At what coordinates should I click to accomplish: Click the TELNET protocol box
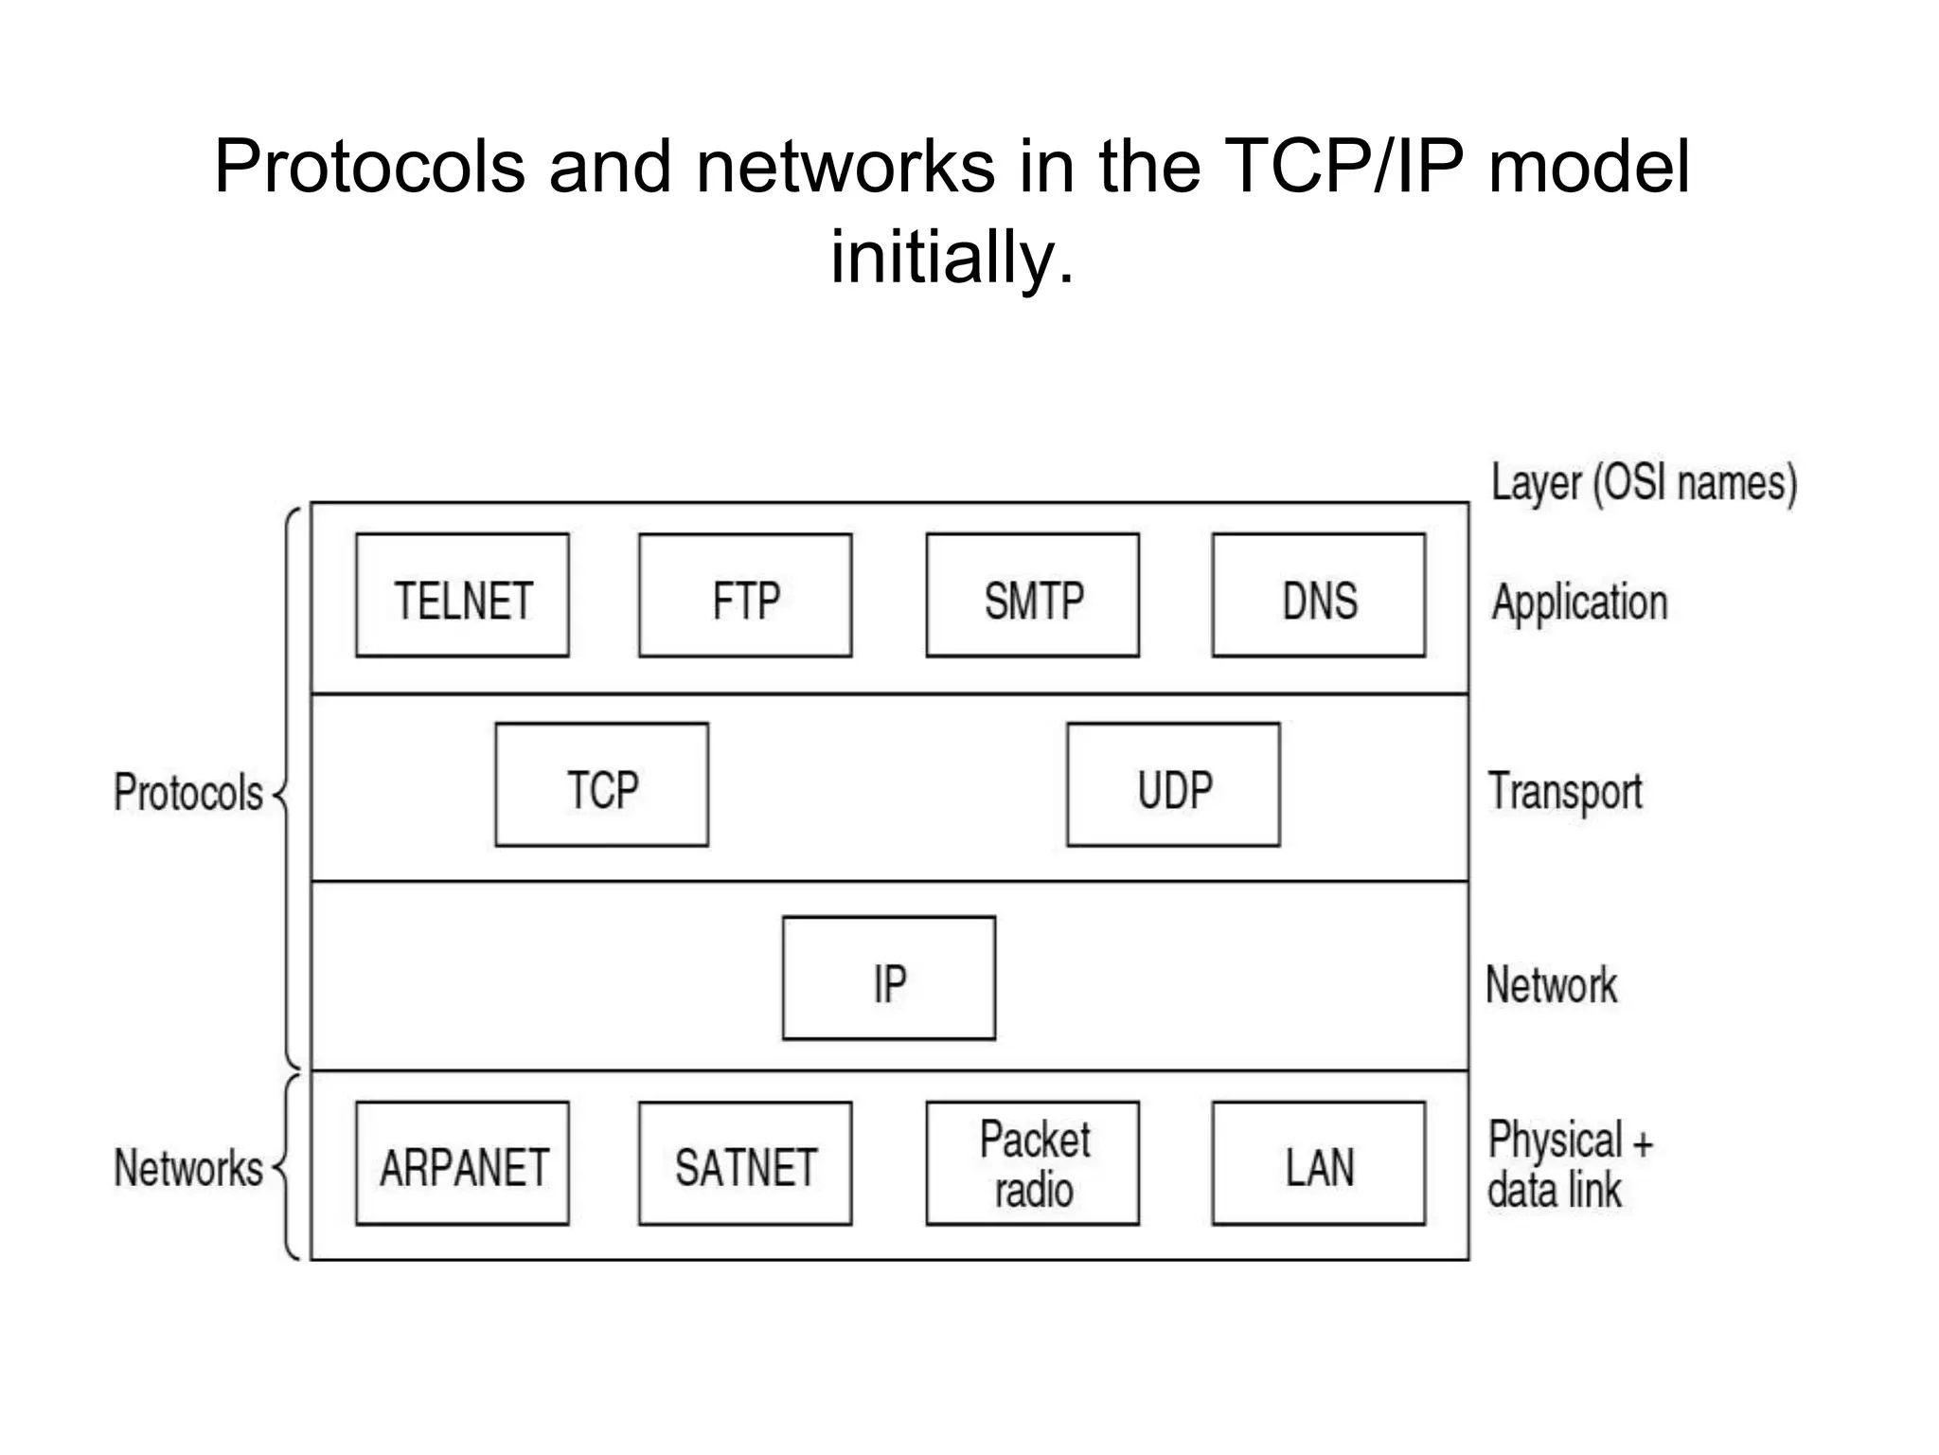pyautogui.click(x=462, y=595)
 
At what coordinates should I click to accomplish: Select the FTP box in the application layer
pyautogui.click(x=745, y=595)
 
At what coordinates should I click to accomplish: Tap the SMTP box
pyautogui.click(x=1032, y=595)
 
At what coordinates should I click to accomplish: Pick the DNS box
pyautogui.click(x=1318, y=595)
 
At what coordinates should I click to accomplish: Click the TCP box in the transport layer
pyautogui.click(x=601, y=784)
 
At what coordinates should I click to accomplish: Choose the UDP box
pyautogui.click(x=1173, y=784)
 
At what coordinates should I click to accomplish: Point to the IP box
pyautogui.click(x=888, y=978)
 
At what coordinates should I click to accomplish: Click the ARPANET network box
pyautogui.click(x=462, y=1163)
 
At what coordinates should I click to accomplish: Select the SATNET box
pyautogui.click(x=745, y=1163)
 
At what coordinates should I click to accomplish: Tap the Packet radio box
pyautogui.click(x=1032, y=1163)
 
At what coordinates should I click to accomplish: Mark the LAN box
pyautogui.click(x=1318, y=1163)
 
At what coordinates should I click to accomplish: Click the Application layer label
pyautogui.click(x=1579, y=602)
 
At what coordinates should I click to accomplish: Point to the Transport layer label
pyautogui.click(x=1565, y=792)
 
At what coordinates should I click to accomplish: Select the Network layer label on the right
pyautogui.click(x=1551, y=985)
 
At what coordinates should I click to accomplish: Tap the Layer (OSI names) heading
pyautogui.click(x=1644, y=483)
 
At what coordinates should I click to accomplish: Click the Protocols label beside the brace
pyautogui.click(x=188, y=792)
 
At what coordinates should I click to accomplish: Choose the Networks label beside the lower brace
pyautogui.click(x=188, y=1167)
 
